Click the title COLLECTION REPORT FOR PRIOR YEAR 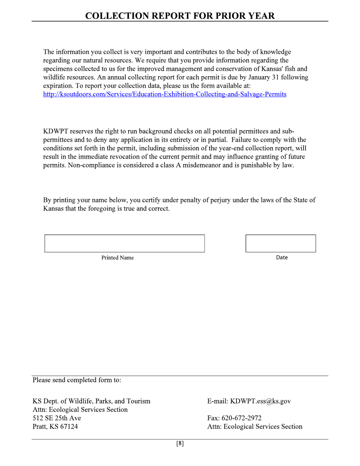(180, 16)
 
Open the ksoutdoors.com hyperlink (164, 94)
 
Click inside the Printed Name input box (124, 243)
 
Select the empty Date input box (280, 243)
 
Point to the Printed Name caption (117, 258)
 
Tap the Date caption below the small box (282, 258)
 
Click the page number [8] (180, 444)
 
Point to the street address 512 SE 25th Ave (56, 418)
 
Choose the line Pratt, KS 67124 (55, 427)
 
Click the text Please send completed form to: (77, 380)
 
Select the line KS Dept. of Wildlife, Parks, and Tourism (91, 401)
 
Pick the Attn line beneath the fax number (255, 427)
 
